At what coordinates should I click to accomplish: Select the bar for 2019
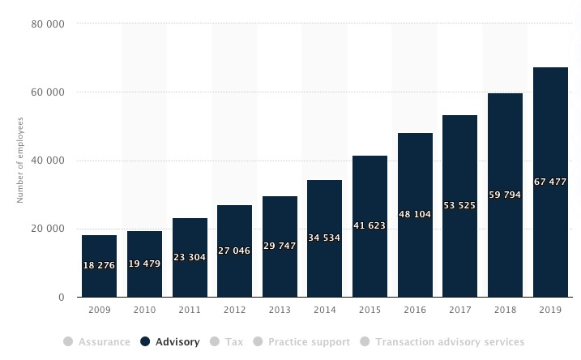click(x=549, y=182)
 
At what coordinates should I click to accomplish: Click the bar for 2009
click(x=99, y=266)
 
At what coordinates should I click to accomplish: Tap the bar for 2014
click(x=324, y=238)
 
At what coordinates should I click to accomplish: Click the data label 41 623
click(x=370, y=226)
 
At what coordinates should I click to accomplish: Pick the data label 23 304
click(x=190, y=258)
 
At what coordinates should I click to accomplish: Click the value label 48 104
click(x=415, y=215)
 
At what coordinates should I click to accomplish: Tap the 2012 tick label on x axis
click(x=234, y=311)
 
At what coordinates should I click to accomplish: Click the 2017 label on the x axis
click(x=459, y=311)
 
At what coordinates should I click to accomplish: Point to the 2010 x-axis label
click(x=144, y=311)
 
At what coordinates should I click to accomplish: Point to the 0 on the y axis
click(x=62, y=298)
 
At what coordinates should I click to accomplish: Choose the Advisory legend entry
click(x=177, y=342)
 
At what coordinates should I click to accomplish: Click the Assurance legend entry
click(x=104, y=342)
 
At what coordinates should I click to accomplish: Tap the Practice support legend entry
click(x=310, y=342)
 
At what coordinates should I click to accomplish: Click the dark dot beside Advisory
click(x=145, y=342)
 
